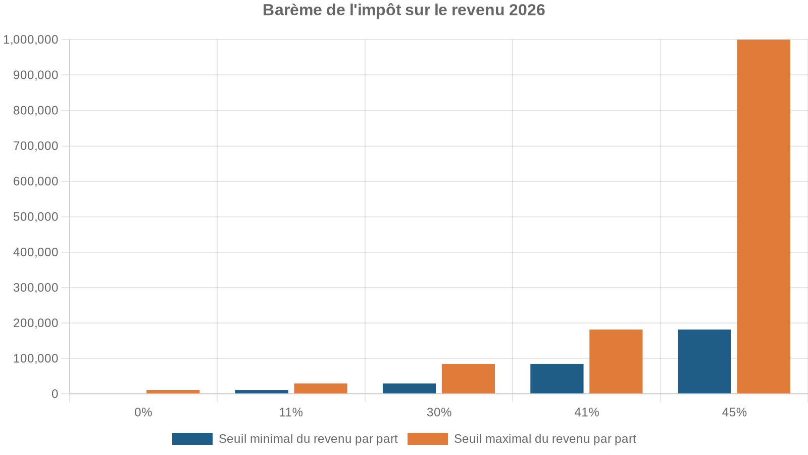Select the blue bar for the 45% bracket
(704, 361)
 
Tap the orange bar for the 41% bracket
(616, 361)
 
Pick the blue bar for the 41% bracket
(557, 379)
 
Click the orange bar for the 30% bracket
(468, 379)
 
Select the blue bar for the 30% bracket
(409, 388)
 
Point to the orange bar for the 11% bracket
(321, 388)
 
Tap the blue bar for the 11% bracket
(262, 392)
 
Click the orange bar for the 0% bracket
(173, 392)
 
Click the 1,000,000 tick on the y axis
(31, 39)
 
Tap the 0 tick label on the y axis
(55, 394)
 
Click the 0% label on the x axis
(143, 413)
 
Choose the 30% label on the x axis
(439, 413)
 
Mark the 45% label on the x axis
(734, 413)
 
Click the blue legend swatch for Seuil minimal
(192, 439)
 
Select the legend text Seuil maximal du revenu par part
(544, 439)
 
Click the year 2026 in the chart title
(527, 10)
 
